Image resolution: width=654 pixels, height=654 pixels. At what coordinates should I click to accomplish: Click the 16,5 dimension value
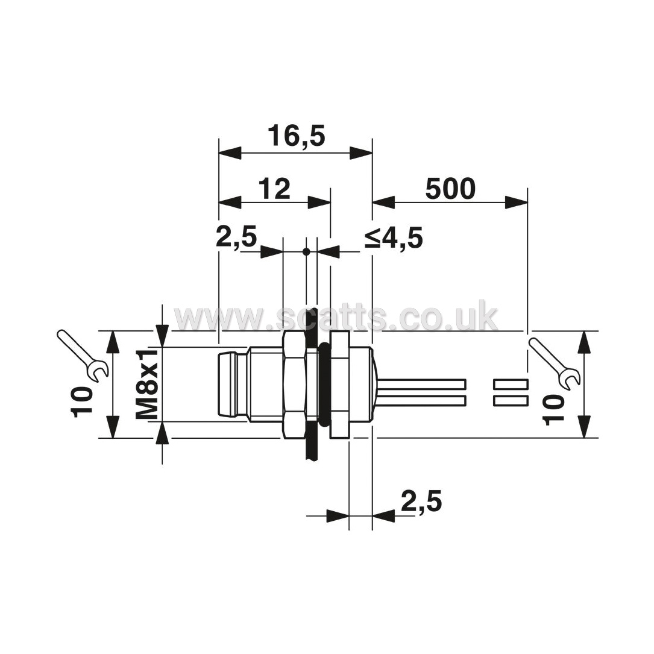[x=296, y=136]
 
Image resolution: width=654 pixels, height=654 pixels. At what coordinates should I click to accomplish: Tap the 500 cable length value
[x=450, y=188]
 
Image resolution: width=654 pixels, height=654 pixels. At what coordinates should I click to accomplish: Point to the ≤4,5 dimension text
[x=394, y=239]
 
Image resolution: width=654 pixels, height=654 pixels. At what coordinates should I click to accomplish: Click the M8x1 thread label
[x=147, y=384]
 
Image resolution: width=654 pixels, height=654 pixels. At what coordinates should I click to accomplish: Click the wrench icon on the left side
[x=83, y=356]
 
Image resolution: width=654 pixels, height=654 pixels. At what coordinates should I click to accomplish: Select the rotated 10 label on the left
[x=81, y=402]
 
